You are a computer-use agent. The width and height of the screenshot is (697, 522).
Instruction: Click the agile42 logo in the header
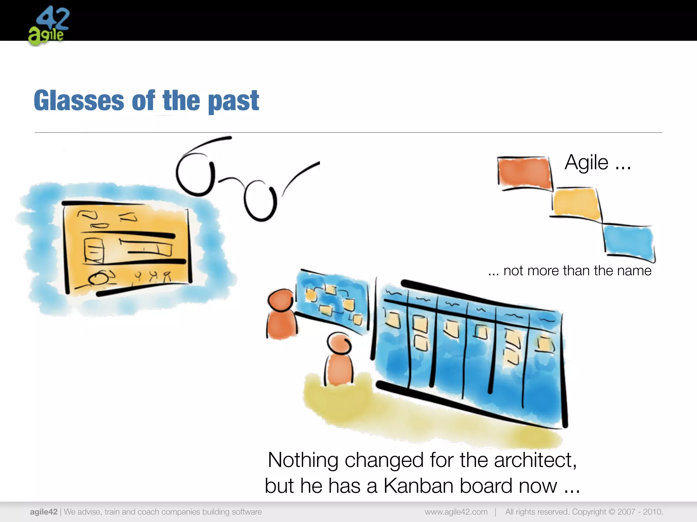(49, 25)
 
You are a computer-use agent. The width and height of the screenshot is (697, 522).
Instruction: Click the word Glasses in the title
(79, 101)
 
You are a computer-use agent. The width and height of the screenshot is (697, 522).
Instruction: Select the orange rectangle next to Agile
(524, 173)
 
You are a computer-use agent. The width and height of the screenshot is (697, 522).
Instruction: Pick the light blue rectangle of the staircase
(628, 242)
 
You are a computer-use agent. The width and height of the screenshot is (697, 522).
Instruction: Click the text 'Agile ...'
(597, 162)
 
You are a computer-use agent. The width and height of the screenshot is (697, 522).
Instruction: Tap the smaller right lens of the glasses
(260, 201)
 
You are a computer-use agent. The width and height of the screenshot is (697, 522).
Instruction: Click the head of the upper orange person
(280, 300)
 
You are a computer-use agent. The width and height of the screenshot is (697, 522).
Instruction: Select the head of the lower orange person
(339, 343)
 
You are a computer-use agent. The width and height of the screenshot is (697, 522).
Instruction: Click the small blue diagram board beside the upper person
(332, 301)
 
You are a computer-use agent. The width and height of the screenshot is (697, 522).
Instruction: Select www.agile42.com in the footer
(456, 512)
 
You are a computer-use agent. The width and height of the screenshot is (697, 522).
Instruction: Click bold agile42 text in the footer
(44, 512)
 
